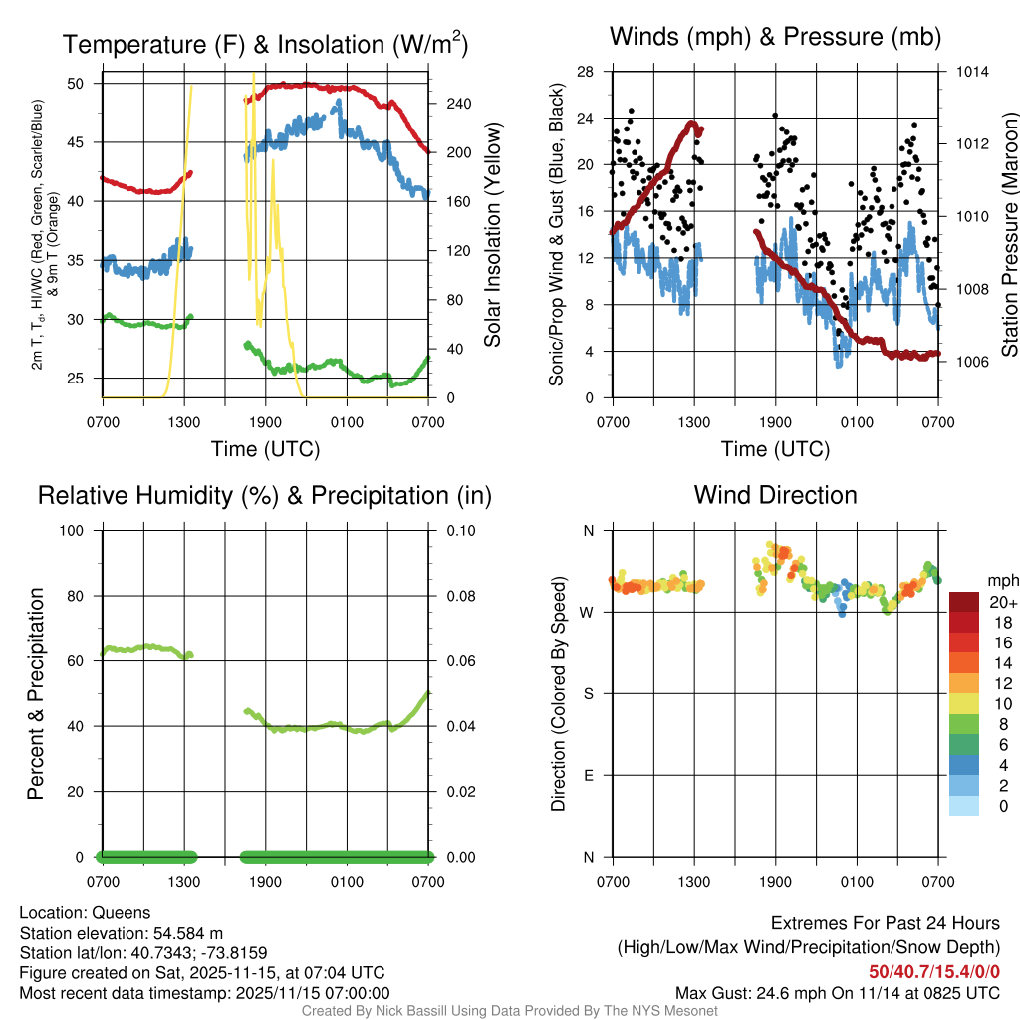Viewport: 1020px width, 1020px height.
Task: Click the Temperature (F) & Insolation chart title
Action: pos(265,45)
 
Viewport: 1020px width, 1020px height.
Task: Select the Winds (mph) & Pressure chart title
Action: pos(776,38)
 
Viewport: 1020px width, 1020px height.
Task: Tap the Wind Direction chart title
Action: pos(775,495)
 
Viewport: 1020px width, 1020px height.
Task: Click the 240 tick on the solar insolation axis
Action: pos(450,104)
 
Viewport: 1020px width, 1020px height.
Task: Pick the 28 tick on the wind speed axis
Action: pos(586,72)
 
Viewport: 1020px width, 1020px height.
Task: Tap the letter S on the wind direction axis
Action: pos(587,693)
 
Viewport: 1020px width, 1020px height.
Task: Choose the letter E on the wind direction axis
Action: pos(587,775)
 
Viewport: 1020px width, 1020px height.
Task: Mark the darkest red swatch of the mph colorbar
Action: pos(964,602)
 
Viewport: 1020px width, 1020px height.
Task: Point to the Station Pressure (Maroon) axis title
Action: pos(1009,235)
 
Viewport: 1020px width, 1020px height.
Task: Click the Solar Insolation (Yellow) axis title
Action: pos(492,235)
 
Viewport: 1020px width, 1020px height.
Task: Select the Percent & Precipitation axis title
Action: pos(35,693)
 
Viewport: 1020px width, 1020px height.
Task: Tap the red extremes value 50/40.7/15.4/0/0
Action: pos(933,972)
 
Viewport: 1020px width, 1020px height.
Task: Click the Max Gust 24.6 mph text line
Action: pos(838,992)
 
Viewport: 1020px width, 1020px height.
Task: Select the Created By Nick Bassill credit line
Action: pos(509,1011)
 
